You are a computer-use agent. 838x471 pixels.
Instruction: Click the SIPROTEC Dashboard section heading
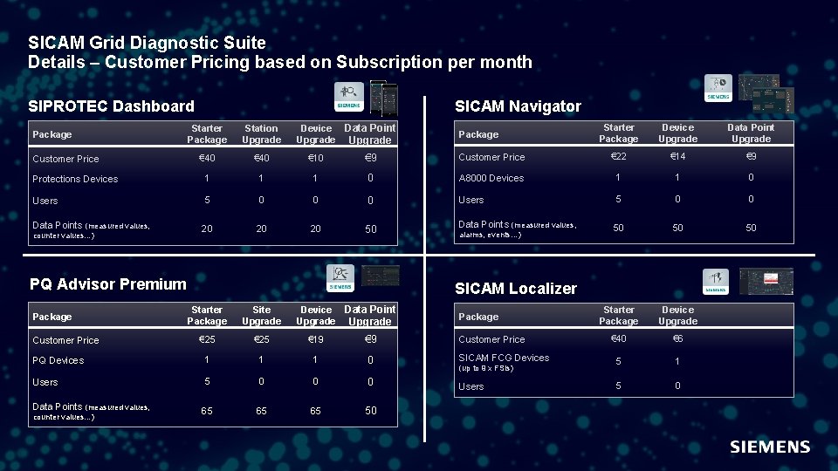[x=111, y=106]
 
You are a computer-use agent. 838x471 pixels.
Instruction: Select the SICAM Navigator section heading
[x=518, y=106]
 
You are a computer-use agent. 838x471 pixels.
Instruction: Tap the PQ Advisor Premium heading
[x=108, y=283]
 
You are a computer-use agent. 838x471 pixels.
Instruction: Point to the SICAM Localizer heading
[x=516, y=289]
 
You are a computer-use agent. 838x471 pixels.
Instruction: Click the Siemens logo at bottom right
[x=769, y=447]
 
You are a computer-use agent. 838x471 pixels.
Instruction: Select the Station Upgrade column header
[x=261, y=133]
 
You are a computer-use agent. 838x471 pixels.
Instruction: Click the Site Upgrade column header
[x=261, y=315]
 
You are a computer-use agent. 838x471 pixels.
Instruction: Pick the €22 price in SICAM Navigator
[x=618, y=157]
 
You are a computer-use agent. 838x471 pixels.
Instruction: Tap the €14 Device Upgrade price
[x=677, y=157]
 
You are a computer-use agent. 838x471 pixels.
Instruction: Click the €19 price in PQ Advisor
[x=315, y=339]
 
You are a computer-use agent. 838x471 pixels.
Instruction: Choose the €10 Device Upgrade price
[x=315, y=158]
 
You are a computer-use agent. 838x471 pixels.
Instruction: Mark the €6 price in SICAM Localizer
[x=677, y=339]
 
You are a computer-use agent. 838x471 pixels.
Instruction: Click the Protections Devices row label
[x=75, y=179]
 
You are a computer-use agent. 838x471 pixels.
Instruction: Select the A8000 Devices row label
[x=491, y=178]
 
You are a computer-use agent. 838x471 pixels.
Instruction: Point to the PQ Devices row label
[x=58, y=360]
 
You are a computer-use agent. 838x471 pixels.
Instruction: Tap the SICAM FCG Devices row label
[x=504, y=358]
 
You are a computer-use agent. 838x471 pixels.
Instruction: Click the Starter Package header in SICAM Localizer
[x=618, y=315]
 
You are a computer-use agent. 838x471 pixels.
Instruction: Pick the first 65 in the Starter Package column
[x=207, y=411]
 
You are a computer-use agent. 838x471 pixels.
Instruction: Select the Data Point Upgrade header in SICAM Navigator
[x=751, y=133]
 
